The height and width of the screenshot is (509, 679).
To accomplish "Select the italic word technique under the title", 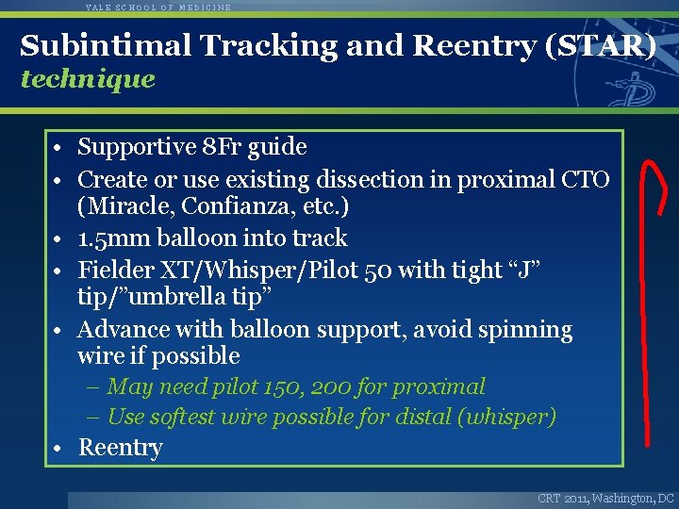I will point(88,79).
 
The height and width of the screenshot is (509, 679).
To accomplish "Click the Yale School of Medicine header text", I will point(157,7).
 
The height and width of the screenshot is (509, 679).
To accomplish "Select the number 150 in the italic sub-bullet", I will point(273,386).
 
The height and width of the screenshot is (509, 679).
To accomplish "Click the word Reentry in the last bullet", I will point(121,448).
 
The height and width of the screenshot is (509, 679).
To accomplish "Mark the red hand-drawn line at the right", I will point(648,311).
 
